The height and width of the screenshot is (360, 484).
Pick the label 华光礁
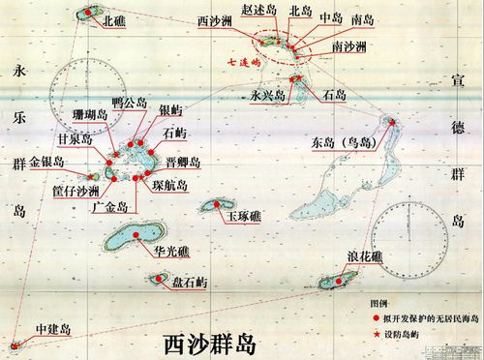171,251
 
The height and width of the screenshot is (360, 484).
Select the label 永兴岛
267,96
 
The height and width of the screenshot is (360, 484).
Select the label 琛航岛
170,183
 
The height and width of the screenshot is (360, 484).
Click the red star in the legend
363,334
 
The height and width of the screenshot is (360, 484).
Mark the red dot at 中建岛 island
14,344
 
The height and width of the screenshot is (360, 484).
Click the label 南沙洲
348,45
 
